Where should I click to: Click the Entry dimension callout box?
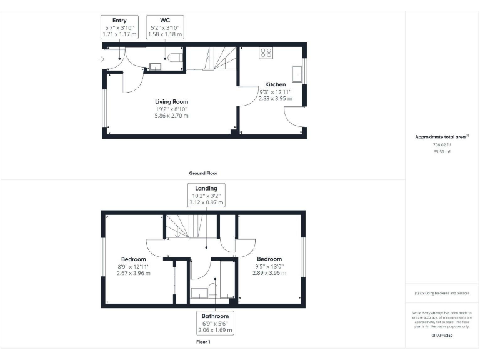[119, 28]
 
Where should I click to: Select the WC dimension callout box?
[166, 28]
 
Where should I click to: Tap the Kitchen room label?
[275, 84]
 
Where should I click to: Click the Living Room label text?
[171, 101]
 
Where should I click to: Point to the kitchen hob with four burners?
[266, 53]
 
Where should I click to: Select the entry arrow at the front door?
[102, 59]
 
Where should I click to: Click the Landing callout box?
[206, 195]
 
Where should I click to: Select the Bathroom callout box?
[215, 323]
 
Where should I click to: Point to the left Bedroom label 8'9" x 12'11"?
[133, 259]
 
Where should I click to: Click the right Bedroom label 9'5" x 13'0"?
[269, 259]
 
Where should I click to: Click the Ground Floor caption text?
[203, 173]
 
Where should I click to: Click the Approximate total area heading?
[441, 136]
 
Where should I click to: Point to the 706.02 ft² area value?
[441, 144]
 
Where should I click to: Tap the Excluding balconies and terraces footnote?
[442, 293]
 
